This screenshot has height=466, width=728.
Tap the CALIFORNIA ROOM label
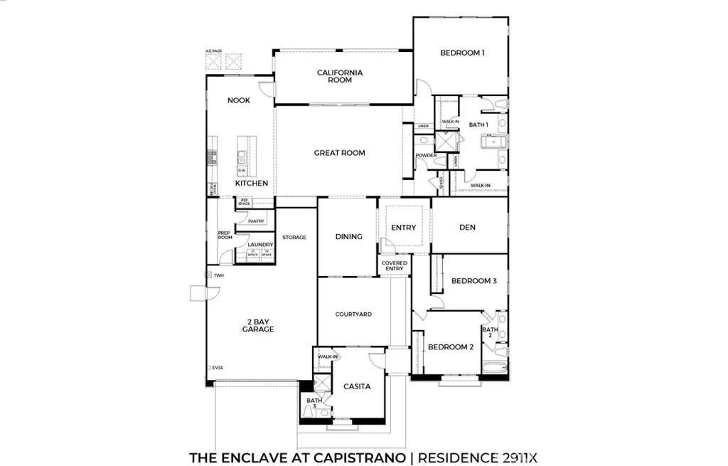(x=340, y=76)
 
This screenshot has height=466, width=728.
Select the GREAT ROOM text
(x=339, y=153)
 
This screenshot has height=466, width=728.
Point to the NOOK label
(x=239, y=100)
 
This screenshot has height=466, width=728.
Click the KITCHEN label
(x=252, y=184)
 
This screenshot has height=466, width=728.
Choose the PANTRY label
(x=257, y=221)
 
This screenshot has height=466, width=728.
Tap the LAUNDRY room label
(x=260, y=245)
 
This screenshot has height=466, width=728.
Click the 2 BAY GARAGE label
(x=257, y=325)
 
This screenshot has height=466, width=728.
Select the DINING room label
(x=348, y=237)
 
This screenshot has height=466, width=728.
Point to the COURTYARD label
(x=353, y=314)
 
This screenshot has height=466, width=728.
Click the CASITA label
(x=357, y=386)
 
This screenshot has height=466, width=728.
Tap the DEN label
(x=467, y=228)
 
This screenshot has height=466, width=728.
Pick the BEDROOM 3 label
(x=473, y=281)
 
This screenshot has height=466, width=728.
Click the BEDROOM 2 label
(x=450, y=347)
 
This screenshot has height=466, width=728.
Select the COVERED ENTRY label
(x=394, y=266)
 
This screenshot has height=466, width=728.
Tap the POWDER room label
(x=427, y=155)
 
